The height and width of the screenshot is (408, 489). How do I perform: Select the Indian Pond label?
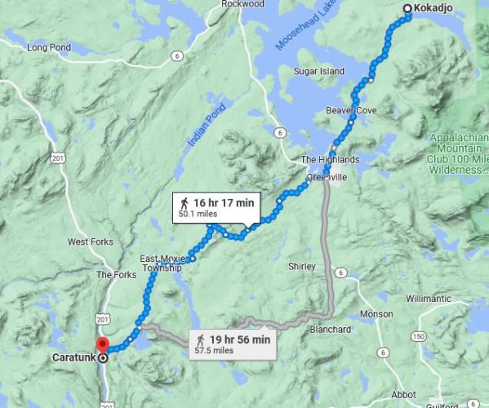(200, 129)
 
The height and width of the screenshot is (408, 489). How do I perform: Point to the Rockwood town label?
(242, 4)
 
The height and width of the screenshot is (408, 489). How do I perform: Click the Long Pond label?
(48, 47)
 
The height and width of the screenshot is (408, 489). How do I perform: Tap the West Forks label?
(89, 242)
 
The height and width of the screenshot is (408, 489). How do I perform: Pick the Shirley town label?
(301, 266)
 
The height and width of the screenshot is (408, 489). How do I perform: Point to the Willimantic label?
(428, 299)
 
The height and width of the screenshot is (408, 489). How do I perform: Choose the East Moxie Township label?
(161, 262)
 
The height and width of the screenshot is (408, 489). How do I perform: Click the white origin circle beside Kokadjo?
(407, 9)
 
